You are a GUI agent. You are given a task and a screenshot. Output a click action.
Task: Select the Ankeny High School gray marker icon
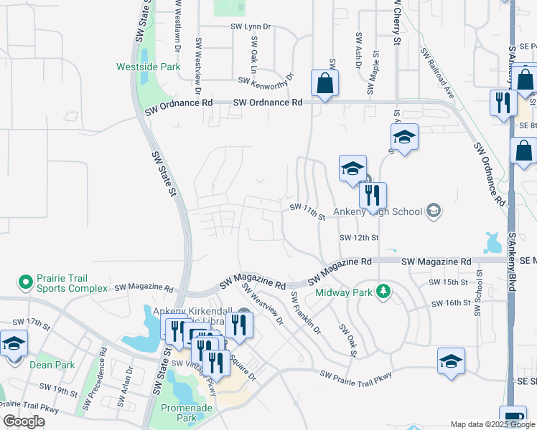433,210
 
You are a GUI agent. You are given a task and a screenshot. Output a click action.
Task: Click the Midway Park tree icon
384,291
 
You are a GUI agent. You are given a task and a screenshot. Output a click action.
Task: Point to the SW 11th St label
308,211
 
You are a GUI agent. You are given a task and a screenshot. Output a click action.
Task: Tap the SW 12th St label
359,237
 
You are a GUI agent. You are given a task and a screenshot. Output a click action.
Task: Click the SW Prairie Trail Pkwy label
358,376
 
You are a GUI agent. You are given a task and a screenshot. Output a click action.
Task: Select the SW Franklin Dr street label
305,312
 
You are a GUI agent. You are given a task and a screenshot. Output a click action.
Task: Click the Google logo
24,421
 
